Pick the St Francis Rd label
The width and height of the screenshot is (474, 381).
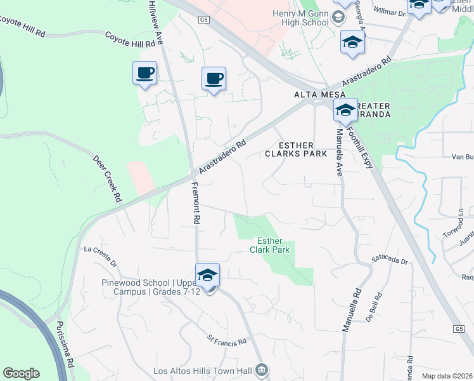[226, 342]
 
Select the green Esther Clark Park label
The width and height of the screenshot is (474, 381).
[273, 245]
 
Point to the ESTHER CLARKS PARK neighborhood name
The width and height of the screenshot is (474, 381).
[297, 149]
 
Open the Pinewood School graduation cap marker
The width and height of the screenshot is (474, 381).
[207, 275]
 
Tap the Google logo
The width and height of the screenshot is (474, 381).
[21, 373]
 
